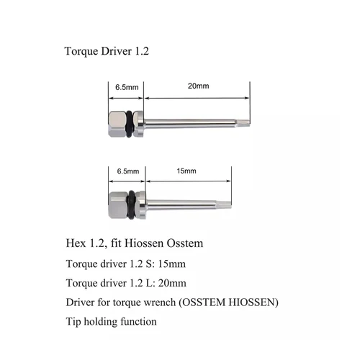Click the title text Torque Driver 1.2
(x=107, y=53)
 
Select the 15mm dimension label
(x=185, y=171)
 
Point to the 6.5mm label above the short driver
(x=127, y=171)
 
